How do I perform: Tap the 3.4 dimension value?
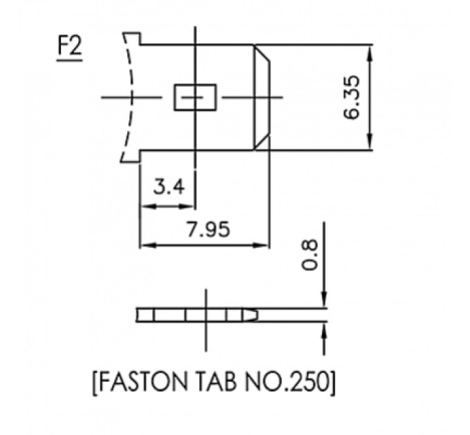[168, 186]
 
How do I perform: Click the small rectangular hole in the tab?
[194, 97]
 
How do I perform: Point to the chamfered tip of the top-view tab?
[262, 97]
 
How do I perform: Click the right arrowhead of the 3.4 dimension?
[192, 206]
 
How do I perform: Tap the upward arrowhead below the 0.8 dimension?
[323, 331]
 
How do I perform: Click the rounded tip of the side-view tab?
[255, 315]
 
